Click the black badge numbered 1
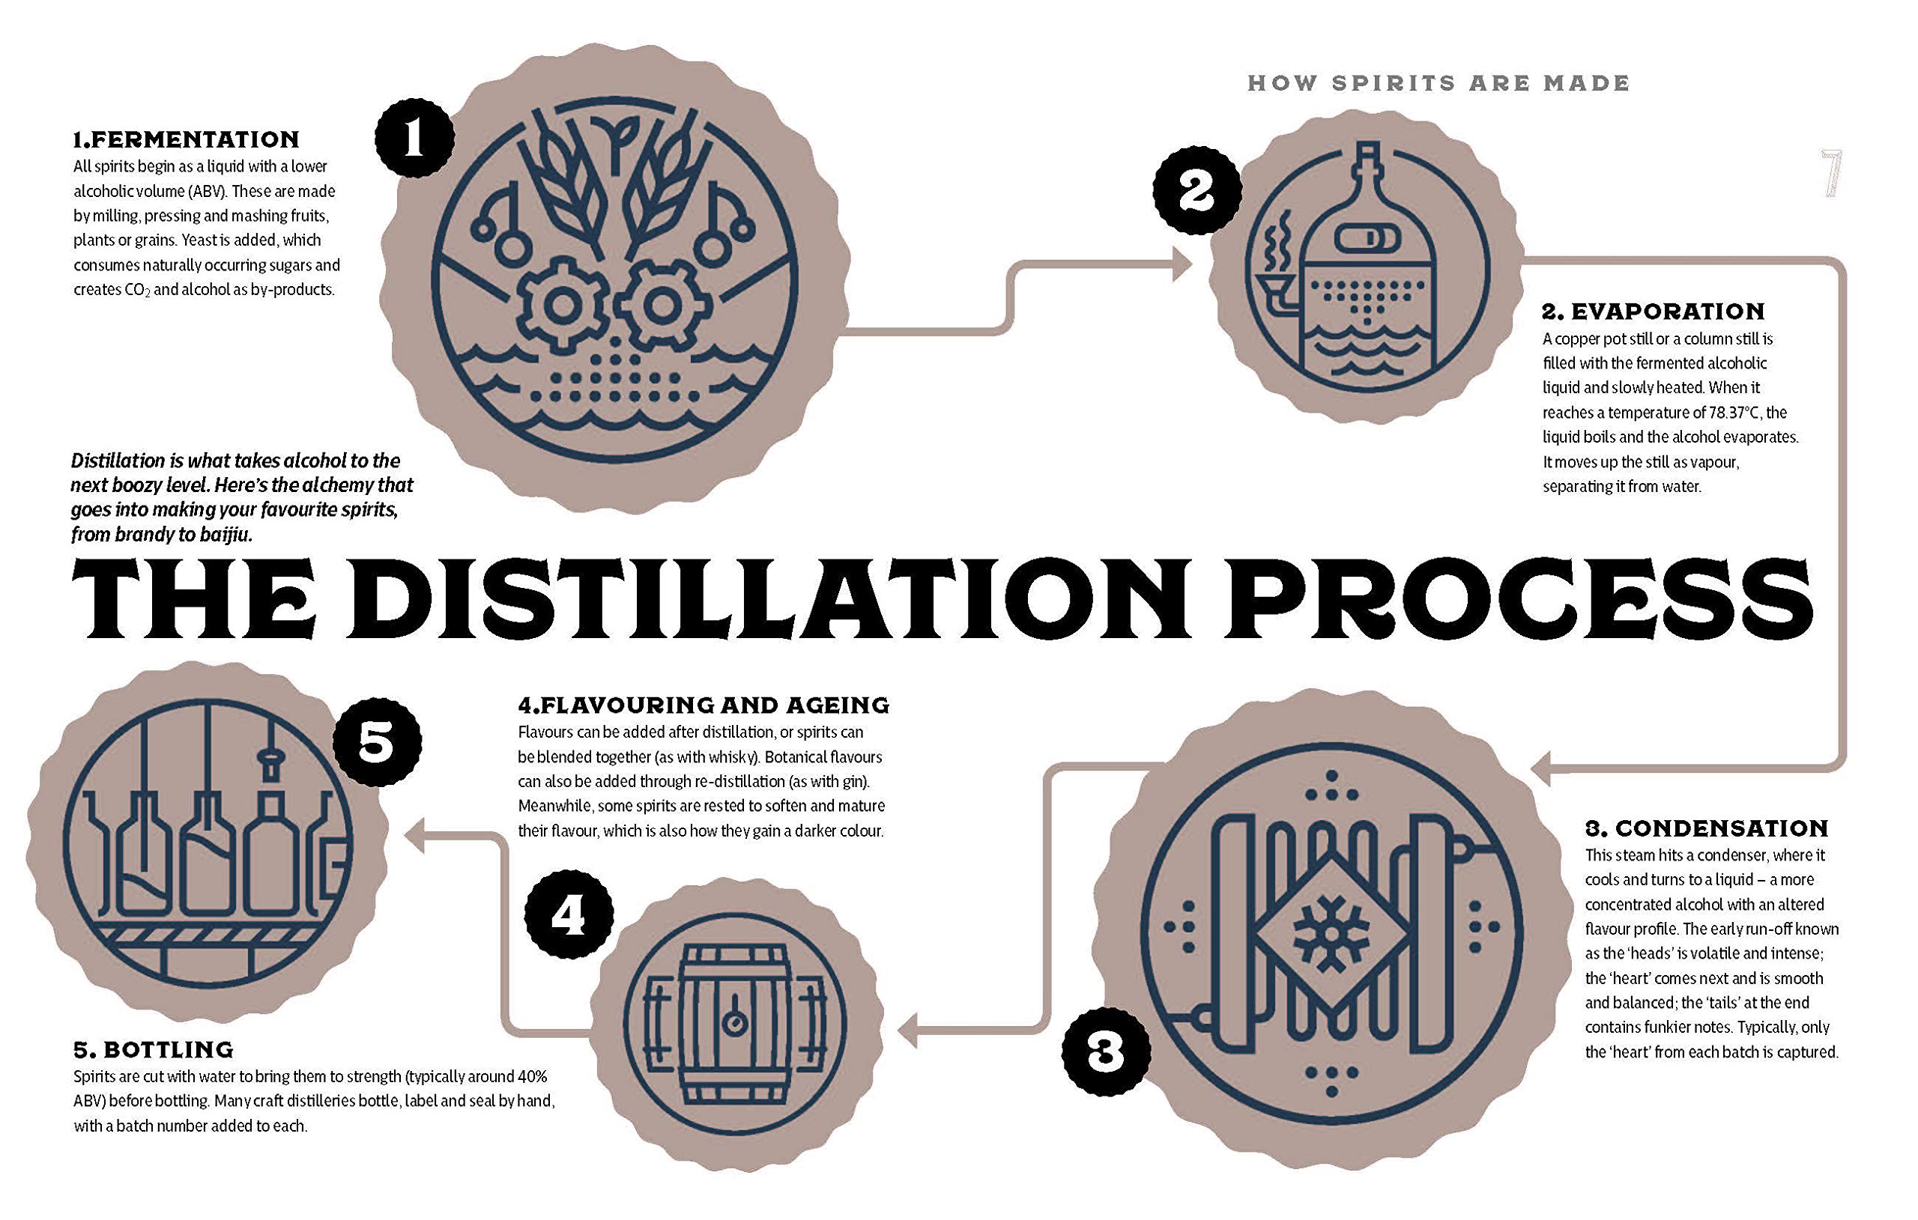414,139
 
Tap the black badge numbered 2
1197,191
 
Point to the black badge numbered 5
377,742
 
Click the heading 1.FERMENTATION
187,139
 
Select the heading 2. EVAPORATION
1654,311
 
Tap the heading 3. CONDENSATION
1706,828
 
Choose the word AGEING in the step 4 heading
838,705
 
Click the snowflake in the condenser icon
1328,932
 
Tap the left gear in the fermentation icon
563,305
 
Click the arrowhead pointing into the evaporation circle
1181,264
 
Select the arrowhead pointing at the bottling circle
414,835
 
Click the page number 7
1831,174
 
